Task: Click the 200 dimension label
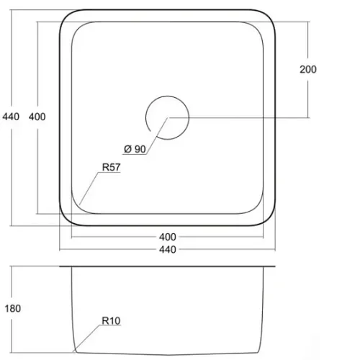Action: (308, 69)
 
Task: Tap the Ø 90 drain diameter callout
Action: (135, 149)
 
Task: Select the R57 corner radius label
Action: (111, 167)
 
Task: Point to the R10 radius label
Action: (111, 320)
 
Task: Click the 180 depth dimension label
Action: (13, 308)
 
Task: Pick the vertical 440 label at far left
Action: (11, 117)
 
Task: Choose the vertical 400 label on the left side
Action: (37, 117)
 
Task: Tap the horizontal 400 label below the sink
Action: (168, 237)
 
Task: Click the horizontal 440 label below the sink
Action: (168, 250)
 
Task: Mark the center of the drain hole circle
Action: (168, 117)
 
